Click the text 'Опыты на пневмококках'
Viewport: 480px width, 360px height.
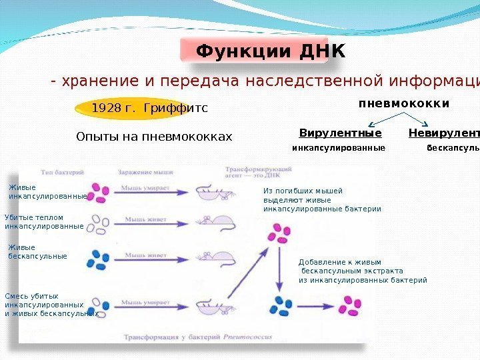[155, 137]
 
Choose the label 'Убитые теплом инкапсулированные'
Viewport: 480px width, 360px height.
[44, 222]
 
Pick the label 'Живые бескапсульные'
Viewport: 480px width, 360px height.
[37, 252]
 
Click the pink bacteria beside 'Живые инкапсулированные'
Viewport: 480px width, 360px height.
[100, 192]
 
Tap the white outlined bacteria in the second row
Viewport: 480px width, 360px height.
[100, 223]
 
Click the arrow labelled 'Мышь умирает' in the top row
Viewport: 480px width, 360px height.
[153, 191]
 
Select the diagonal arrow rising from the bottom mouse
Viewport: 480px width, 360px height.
[245, 277]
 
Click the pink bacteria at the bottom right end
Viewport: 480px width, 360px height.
[351, 308]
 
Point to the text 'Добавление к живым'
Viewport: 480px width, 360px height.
[339, 263]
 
